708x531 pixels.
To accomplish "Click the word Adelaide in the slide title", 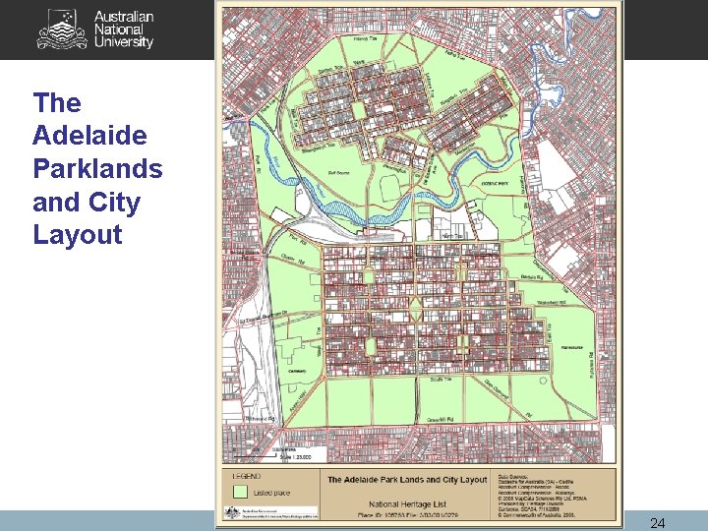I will tap(89, 136).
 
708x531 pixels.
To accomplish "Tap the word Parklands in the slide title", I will tap(97, 169).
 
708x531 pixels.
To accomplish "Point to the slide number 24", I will tap(658, 523).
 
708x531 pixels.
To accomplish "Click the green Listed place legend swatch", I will tap(240, 489).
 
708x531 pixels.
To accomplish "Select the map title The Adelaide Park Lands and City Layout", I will tap(407, 480).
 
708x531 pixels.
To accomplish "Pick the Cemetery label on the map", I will tap(297, 371).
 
